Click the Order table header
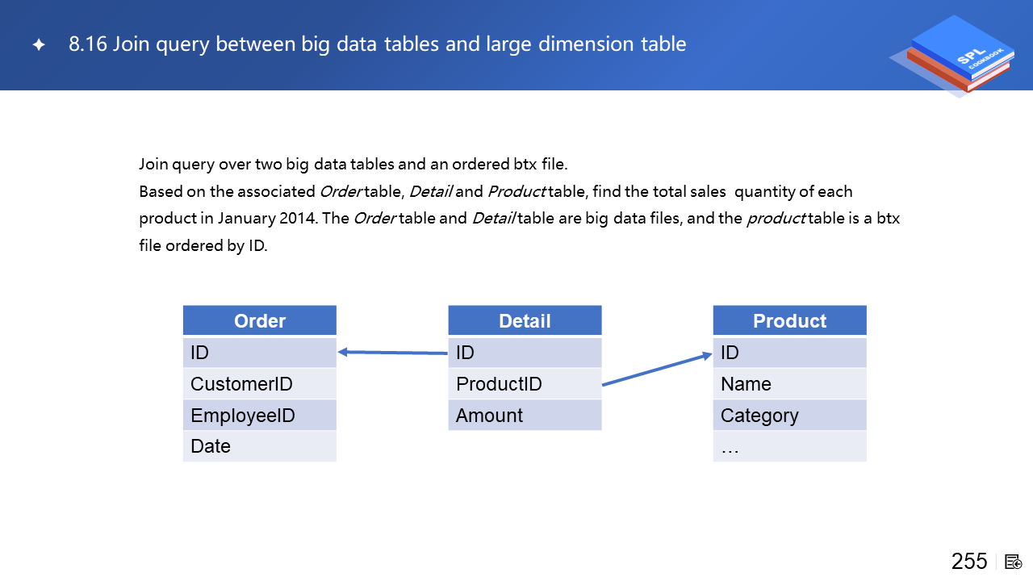tap(260, 320)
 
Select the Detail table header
tap(525, 320)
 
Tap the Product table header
tap(789, 320)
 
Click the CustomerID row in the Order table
tap(260, 383)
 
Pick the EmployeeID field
tap(260, 415)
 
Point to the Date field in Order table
tap(260, 446)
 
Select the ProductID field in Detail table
tap(525, 383)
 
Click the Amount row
tap(525, 415)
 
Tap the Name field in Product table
tap(789, 383)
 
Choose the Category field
tap(789, 415)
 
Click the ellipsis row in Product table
tap(789, 446)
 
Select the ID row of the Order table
tap(260, 353)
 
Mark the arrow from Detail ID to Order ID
tap(393, 353)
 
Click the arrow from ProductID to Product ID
tap(657, 369)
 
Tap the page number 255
tap(969, 562)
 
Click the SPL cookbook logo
tap(954, 56)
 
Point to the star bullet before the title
tap(39, 44)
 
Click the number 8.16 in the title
tap(88, 44)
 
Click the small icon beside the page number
tap(1013, 562)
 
